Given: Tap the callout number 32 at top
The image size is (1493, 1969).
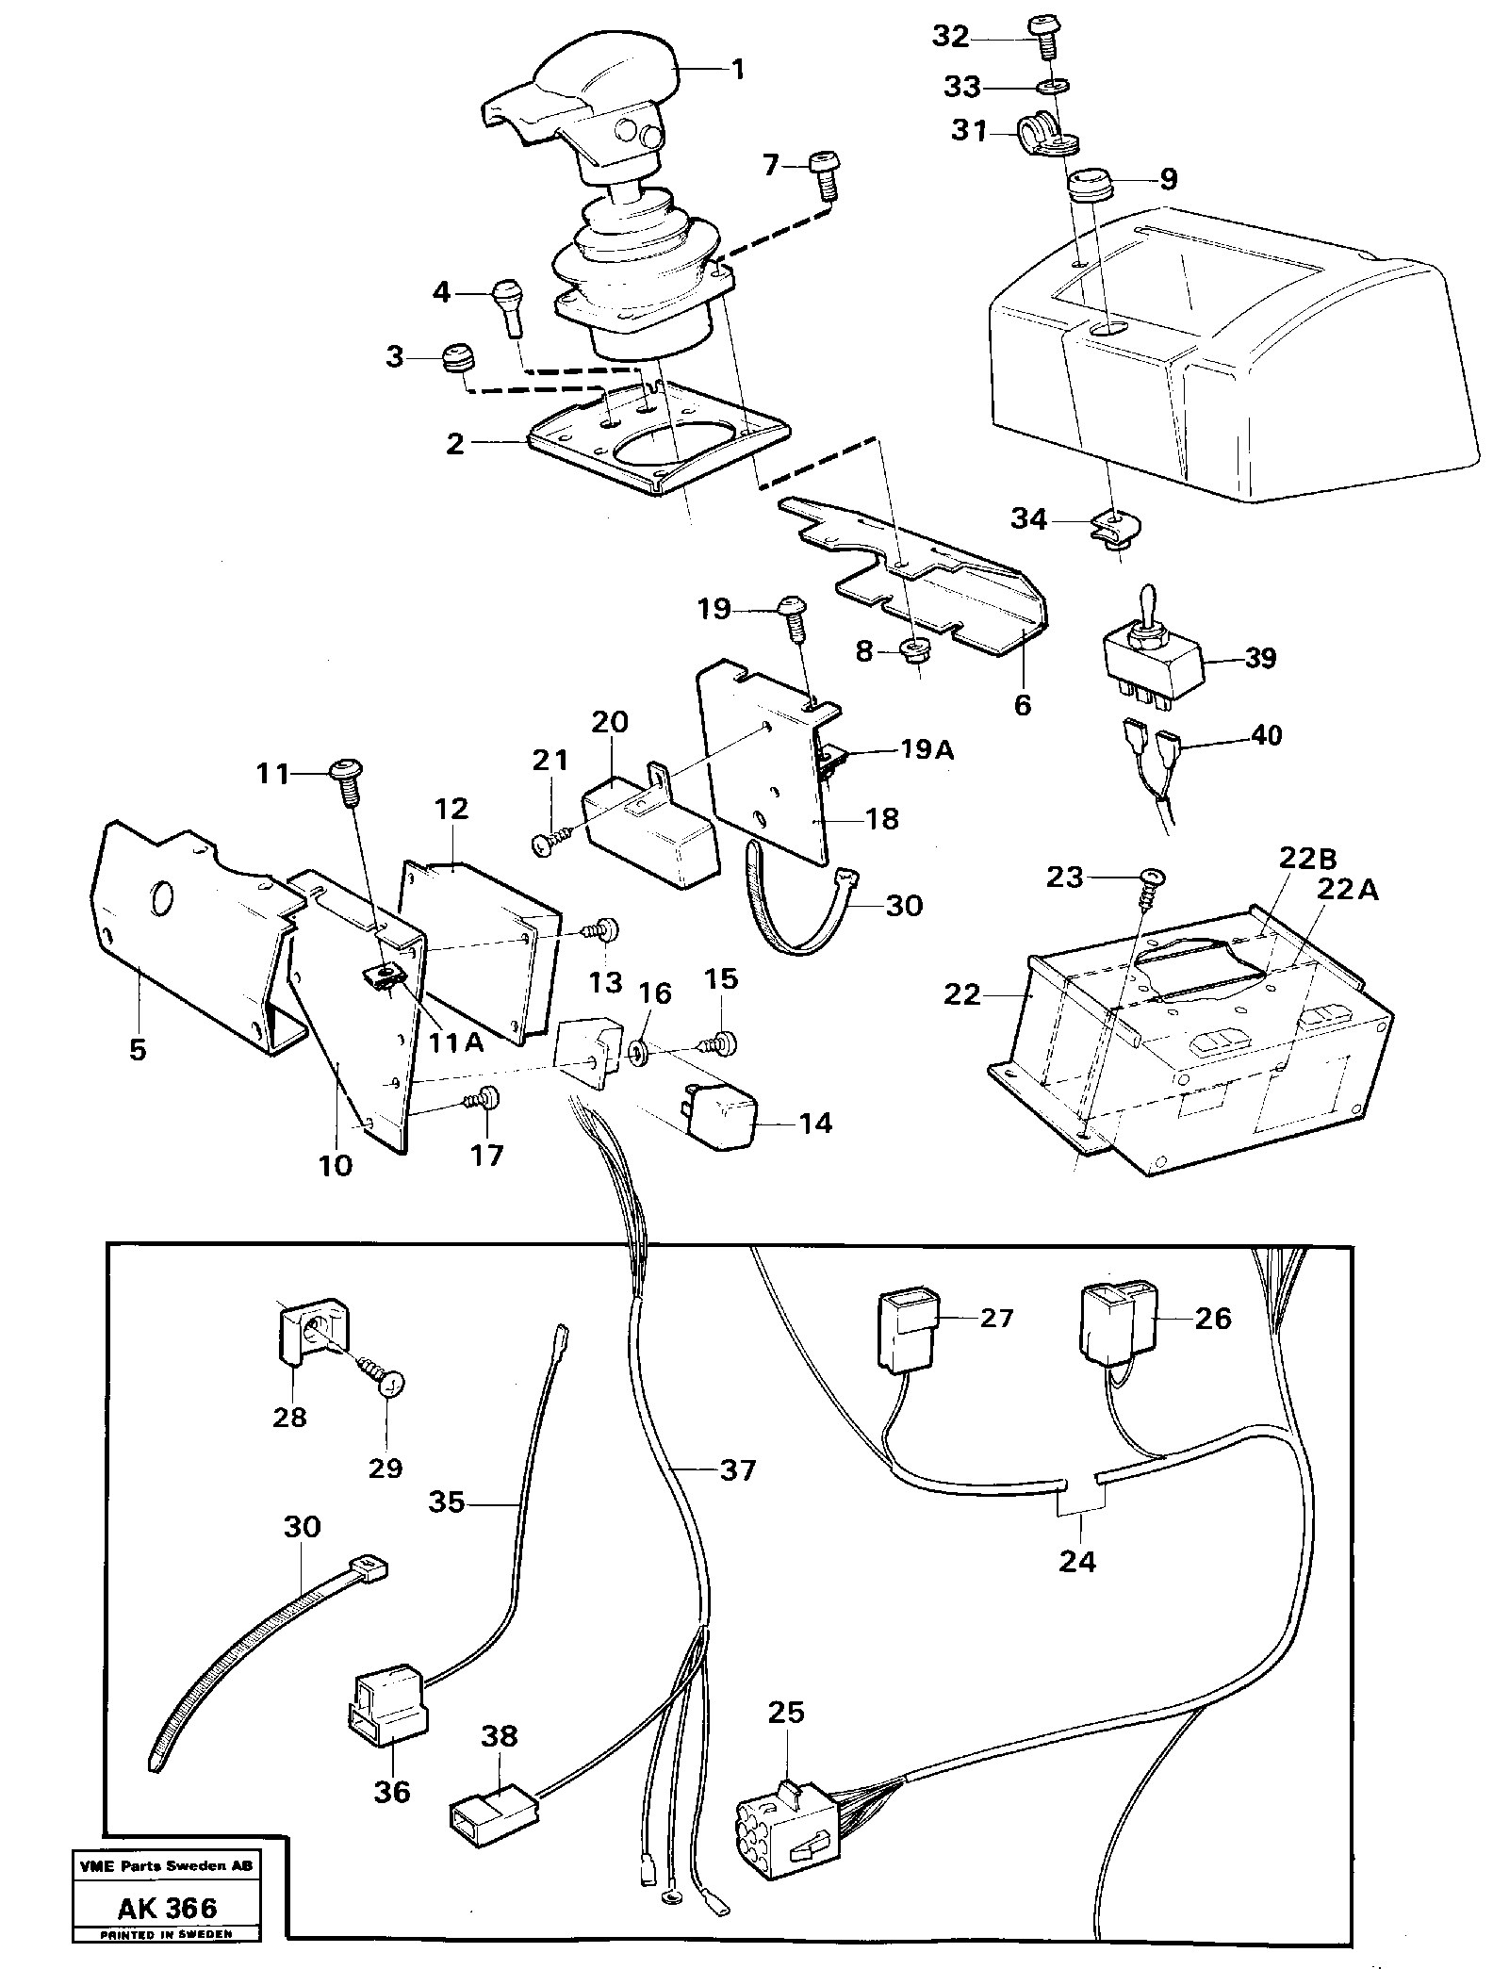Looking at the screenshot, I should click(950, 37).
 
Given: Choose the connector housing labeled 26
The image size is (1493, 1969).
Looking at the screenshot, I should click(1113, 1323).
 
